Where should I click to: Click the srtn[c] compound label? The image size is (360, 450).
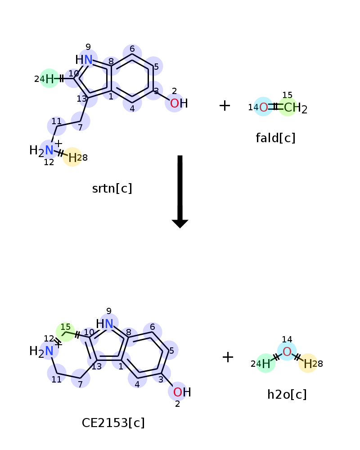coord(112,189)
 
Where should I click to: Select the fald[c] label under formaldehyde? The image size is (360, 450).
coord(275,138)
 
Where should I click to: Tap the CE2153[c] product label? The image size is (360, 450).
coord(113,423)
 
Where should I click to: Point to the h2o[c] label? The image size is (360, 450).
coord(287,394)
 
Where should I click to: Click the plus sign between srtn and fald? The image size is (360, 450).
coord(225,105)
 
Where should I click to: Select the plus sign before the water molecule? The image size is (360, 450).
coord(228,357)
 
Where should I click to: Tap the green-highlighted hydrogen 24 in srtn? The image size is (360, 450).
coord(49,78)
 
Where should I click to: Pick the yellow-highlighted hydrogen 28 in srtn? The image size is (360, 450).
coord(72,157)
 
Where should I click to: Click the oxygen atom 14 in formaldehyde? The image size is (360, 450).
coord(264,107)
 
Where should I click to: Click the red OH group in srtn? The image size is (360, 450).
coord(179,103)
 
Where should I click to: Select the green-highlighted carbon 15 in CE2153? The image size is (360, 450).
coord(65,332)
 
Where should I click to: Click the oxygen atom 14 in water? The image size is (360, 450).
coord(287,351)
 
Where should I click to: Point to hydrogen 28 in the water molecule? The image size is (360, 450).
coord(308,363)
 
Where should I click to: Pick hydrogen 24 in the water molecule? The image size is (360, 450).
coord(266,363)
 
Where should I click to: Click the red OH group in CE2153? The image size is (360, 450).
coord(182,392)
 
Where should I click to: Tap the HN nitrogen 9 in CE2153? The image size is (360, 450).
coord(104,324)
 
